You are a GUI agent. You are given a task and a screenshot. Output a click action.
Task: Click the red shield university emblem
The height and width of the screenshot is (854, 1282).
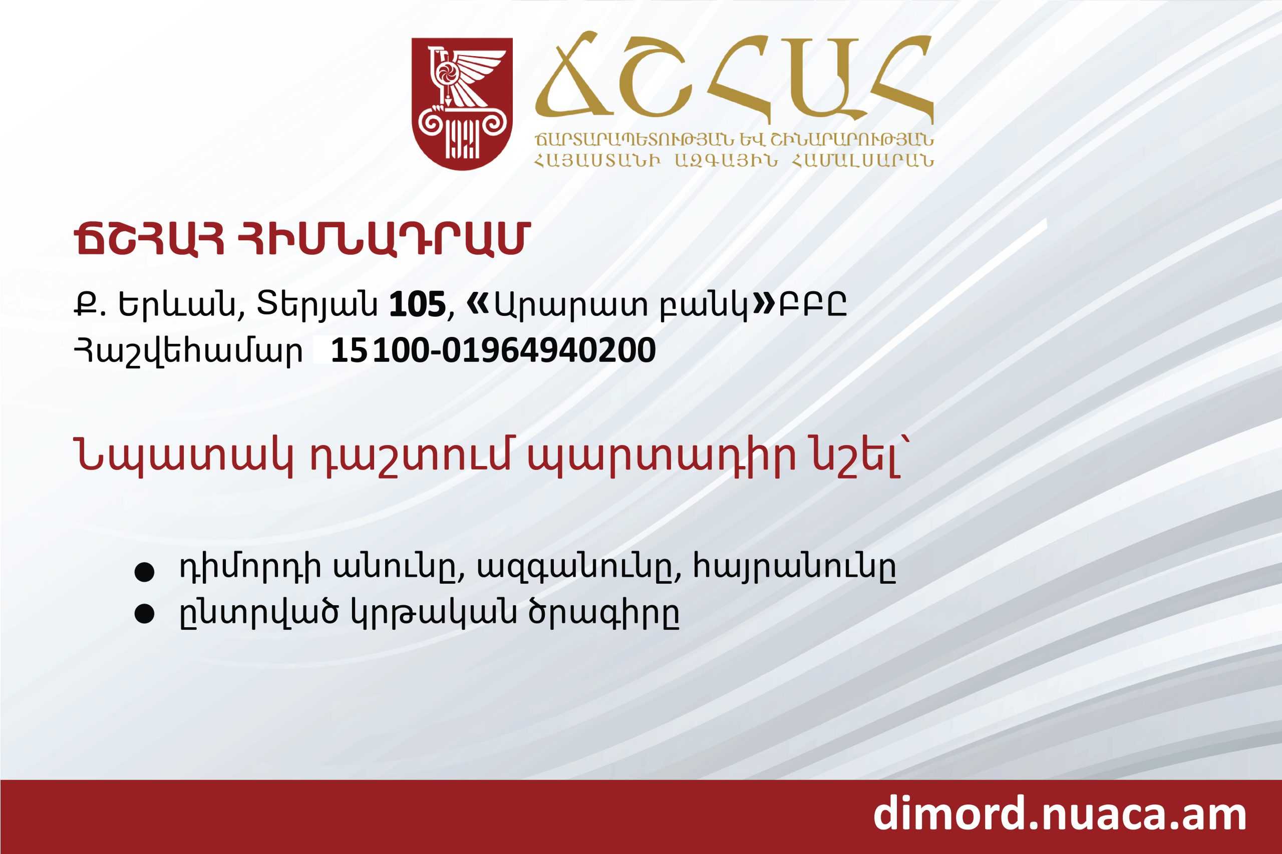[x=462, y=104]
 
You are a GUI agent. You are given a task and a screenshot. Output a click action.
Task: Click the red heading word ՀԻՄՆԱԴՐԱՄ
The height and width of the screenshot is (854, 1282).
[x=379, y=240]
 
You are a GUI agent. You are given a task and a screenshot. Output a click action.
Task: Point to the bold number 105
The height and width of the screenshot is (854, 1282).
[x=417, y=306]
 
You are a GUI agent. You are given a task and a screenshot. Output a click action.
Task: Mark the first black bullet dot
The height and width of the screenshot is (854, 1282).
[x=144, y=574]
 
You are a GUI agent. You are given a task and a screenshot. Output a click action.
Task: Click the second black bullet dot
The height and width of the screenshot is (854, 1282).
[x=144, y=615]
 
